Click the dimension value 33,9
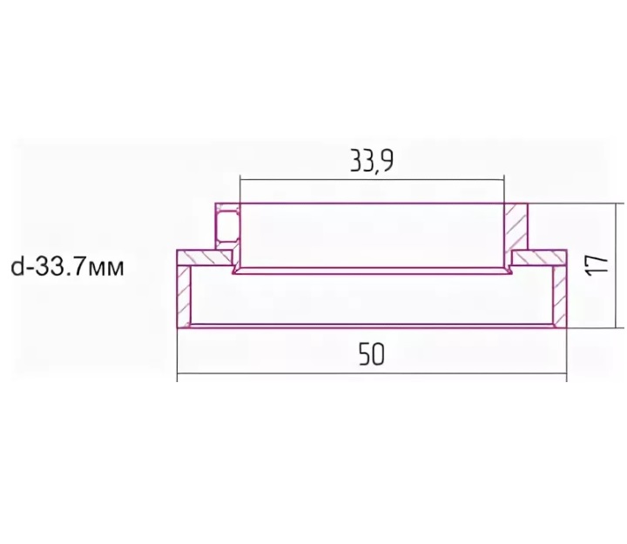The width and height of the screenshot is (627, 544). [372, 160]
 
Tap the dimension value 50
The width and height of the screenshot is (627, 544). [372, 354]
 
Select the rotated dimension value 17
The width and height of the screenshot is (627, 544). [597, 265]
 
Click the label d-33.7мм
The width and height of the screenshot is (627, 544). [67, 267]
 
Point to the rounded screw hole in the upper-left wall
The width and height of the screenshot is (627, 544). [227, 226]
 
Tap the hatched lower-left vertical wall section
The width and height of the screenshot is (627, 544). [184, 296]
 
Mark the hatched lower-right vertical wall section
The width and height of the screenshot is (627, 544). [560, 296]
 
